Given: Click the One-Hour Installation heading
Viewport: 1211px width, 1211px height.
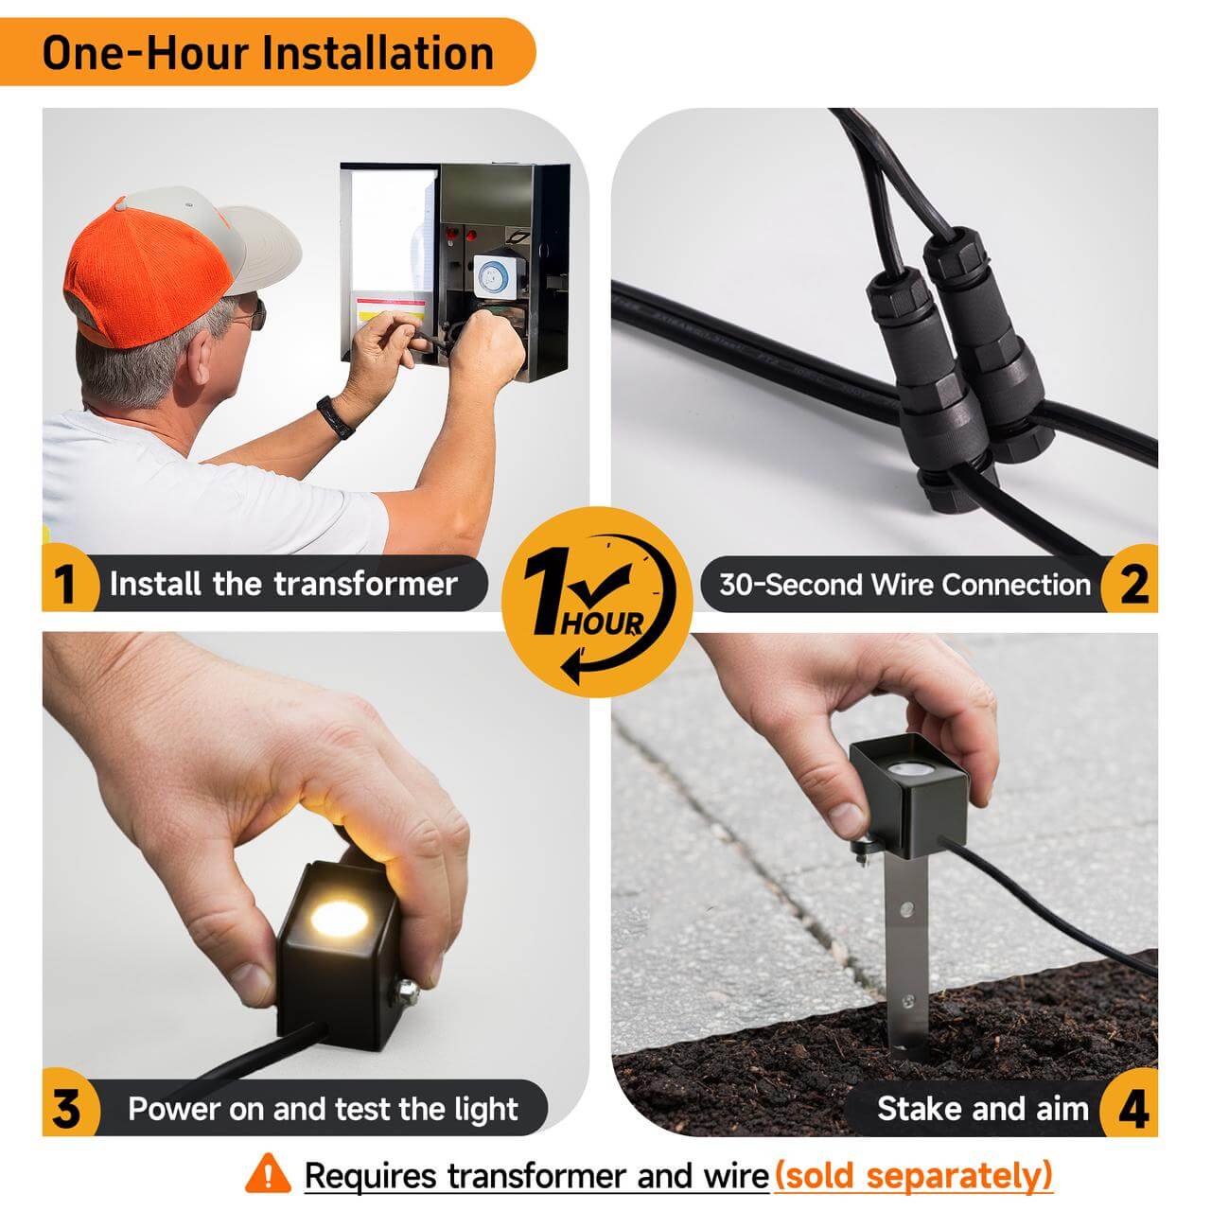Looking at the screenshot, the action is click(268, 53).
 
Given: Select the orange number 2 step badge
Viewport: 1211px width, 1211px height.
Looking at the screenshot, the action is click(1132, 583).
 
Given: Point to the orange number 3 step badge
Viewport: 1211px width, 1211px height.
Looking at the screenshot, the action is click(68, 1109).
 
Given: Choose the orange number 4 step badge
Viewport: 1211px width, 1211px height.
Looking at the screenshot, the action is click(1132, 1109).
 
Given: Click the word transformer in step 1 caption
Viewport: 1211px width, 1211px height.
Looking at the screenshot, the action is click(365, 584).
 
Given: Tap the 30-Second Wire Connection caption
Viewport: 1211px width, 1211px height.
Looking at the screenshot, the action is click(905, 585).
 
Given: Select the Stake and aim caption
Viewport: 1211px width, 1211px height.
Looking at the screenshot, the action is click(982, 1109).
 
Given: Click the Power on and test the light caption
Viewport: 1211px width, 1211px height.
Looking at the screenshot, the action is click(323, 1109).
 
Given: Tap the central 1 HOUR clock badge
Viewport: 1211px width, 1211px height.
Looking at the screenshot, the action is click(597, 602).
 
